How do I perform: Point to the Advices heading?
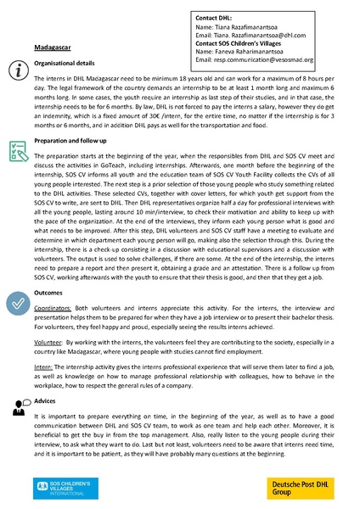tap(47, 401)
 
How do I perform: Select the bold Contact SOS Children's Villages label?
tap(250, 42)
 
